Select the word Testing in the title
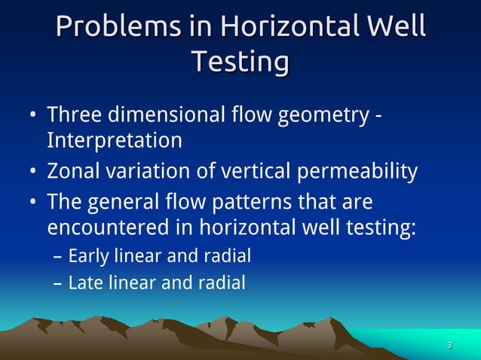240,62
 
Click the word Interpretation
115,141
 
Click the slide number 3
449,346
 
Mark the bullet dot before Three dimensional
33,117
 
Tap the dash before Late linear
58,285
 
